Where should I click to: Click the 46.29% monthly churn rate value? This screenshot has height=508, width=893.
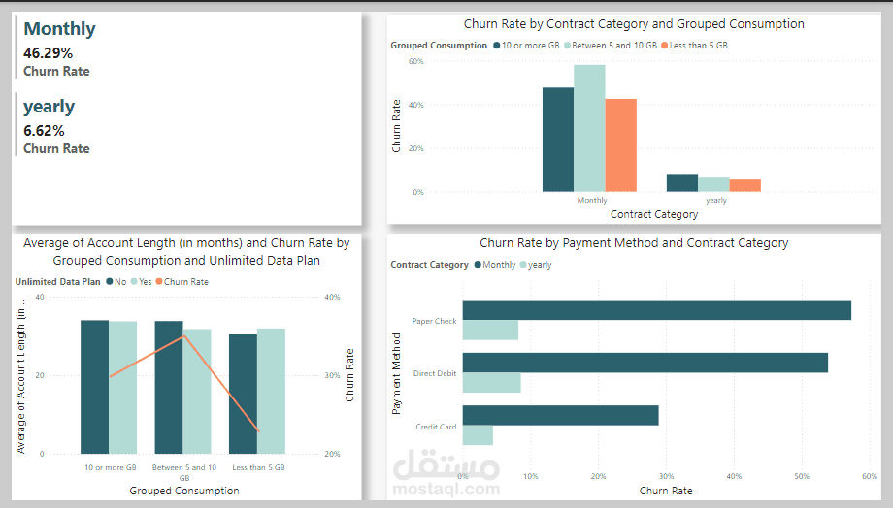coord(49,53)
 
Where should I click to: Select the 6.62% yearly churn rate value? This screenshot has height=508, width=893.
coord(45,131)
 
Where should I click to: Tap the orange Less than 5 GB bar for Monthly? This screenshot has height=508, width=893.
coord(620,144)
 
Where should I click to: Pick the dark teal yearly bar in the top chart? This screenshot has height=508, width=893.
coord(682,182)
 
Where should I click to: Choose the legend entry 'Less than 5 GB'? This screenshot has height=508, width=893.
coord(697,46)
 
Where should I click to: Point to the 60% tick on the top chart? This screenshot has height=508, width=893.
coord(415,61)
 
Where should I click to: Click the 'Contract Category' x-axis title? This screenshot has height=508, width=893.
coord(654,214)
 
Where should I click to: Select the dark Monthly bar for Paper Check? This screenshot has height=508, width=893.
coord(656,310)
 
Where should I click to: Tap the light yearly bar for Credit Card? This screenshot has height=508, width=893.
coord(478,435)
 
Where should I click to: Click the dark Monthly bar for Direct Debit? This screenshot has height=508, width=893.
coord(645,363)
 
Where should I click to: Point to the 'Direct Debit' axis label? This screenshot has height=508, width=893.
coord(434,372)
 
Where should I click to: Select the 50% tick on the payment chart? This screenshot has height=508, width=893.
coord(801,476)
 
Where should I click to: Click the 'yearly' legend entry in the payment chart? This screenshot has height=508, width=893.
coord(540,265)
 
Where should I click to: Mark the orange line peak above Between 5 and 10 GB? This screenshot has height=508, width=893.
coord(183,336)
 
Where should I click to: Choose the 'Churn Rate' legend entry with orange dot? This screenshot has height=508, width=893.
coord(185,282)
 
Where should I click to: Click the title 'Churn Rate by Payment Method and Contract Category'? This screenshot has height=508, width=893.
coord(634,243)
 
